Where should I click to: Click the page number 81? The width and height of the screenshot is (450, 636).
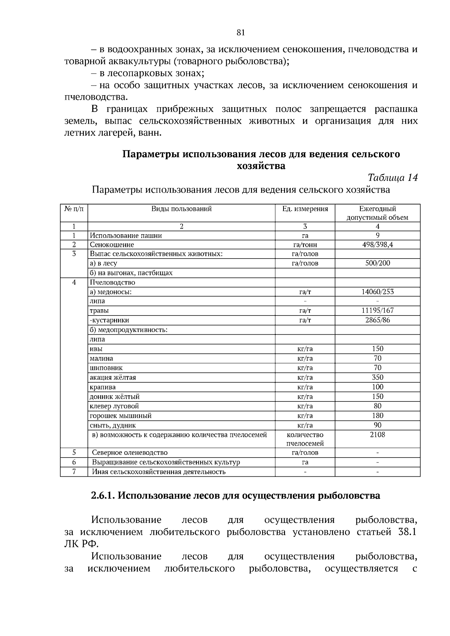241,33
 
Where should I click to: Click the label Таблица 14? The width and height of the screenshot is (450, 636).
393,177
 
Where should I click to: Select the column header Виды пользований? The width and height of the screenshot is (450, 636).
181,209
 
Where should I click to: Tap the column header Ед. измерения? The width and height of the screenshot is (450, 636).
305,209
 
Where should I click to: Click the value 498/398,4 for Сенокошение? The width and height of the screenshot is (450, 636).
377,245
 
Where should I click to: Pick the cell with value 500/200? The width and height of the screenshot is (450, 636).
377,263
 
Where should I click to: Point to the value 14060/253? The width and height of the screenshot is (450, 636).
377,292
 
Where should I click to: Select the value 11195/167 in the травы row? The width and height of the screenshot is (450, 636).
377,310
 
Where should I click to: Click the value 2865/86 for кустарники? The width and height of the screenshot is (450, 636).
377,320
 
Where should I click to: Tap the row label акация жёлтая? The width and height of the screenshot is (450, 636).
112,377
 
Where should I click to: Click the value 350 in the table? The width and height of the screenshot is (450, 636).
377,377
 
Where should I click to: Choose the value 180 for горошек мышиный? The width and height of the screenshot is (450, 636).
377,415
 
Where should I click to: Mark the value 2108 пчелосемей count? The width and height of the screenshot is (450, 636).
377,435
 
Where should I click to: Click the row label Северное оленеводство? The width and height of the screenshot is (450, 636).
130,453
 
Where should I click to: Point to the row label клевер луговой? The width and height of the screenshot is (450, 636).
114,406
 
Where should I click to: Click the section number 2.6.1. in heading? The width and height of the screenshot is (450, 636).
103,496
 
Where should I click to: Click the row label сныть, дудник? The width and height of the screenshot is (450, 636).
112,425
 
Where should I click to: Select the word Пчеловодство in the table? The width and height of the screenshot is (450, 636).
112,282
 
